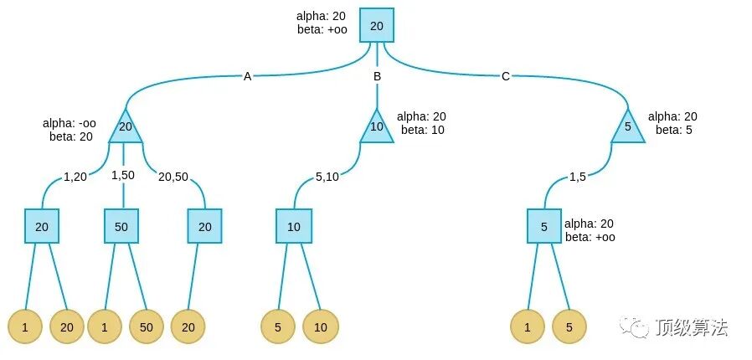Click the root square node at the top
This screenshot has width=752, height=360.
pyautogui.click(x=377, y=26)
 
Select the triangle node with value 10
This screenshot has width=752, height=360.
pyautogui.click(x=377, y=127)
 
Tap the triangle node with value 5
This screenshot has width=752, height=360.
pyautogui.click(x=627, y=128)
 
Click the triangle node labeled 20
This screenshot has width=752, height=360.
pyautogui.click(x=126, y=128)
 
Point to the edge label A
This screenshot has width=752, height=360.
pyautogui.click(x=247, y=77)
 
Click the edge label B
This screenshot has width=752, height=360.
pyautogui.click(x=377, y=77)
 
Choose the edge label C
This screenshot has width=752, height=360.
pyautogui.click(x=505, y=77)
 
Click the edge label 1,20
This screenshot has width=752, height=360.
pyautogui.click(x=75, y=177)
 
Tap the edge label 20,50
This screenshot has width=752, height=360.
pyautogui.click(x=174, y=177)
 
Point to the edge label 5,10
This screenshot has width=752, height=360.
pyautogui.click(x=327, y=177)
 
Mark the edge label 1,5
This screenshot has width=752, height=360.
pyautogui.click(x=578, y=177)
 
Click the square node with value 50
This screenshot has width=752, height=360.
pyautogui.click(x=121, y=226)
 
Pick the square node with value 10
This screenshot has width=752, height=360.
pyautogui.click(x=293, y=226)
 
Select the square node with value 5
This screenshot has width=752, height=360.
pyautogui.click(x=544, y=226)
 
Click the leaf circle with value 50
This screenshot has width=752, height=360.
pyautogui.click(x=147, y=327)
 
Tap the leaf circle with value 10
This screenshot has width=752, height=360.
pyautogui.click(x=321, y=327)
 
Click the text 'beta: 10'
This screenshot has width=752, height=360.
pyautogui.click(x=422, y=130)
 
